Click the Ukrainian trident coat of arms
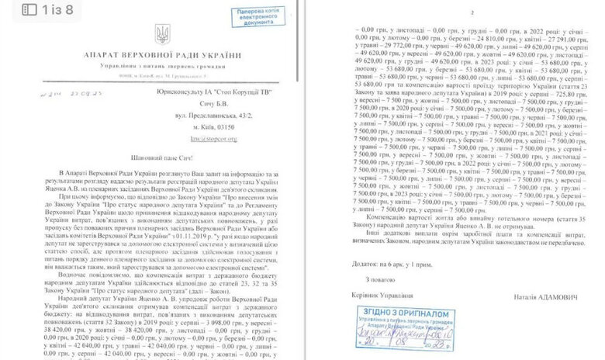point(163,35)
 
